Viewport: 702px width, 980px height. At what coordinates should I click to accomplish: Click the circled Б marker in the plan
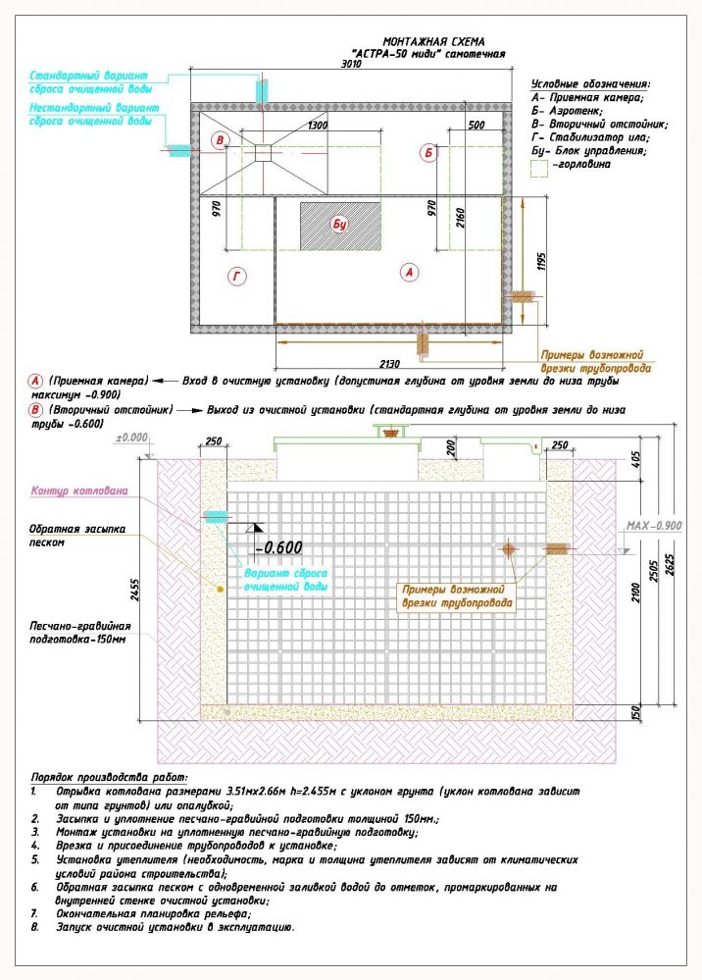(427, 152)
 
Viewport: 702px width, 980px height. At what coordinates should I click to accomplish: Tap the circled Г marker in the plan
(236, 278)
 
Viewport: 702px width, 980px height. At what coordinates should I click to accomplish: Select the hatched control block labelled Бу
(339, 225)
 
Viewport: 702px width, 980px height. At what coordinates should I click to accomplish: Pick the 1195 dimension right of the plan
(541, 262)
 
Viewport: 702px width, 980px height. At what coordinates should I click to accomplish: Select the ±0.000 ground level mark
(131, 438)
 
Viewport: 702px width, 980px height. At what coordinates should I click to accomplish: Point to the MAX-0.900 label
(654, 526)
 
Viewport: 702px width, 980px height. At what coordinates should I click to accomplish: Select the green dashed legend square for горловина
(537, 167)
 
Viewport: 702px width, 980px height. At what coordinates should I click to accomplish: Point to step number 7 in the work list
(34, 912)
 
